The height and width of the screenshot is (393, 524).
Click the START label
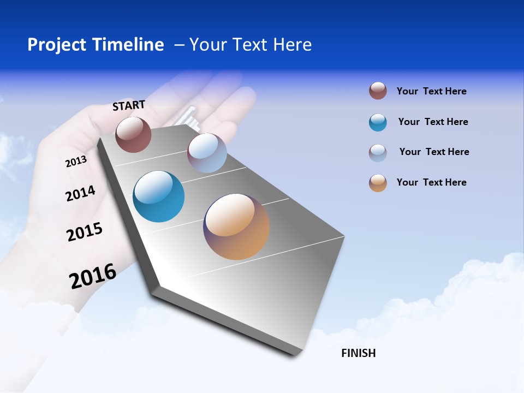tap(129, 105)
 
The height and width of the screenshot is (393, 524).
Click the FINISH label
tap(359, 353)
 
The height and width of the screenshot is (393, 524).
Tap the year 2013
tap(76, 162)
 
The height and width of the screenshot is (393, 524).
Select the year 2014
tap(80, 194)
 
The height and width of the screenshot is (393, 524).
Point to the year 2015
tap(85, 232)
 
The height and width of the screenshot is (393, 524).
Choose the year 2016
tap(93, 276)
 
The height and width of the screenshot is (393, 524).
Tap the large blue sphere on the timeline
tap(159, 196)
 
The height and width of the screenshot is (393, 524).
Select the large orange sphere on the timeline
tap(236, 227)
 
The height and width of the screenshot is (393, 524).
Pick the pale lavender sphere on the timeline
tap(207, 153)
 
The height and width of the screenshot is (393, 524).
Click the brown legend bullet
tap(378, 91)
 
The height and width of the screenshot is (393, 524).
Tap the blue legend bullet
tap(378, 122)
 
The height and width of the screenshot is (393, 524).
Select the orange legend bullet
tap(378, 183)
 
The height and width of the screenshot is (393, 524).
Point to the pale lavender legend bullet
tap(378, 153)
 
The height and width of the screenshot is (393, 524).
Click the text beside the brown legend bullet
tap(431, 92)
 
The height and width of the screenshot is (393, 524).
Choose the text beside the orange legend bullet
tap(431, 182)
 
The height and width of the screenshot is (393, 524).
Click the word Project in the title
tap(57, 45)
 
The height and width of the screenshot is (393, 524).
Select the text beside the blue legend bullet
tap(433, 122)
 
